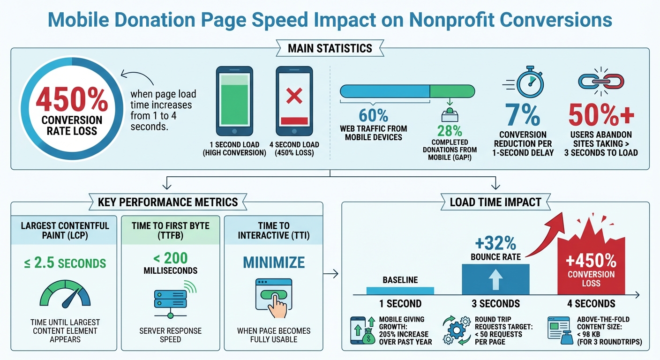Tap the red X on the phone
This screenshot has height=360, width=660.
coord(294,97)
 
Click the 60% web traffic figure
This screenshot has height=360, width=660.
coord(373,116)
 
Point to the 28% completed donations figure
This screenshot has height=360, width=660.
coord(449,131)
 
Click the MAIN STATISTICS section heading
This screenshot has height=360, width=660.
coord(330,48)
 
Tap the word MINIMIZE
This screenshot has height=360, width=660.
coord(273,262)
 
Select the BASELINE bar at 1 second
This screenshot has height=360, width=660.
coord(400,291)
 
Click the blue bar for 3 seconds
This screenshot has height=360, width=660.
coord(495,279)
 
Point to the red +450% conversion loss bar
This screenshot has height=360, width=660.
coord(591,272)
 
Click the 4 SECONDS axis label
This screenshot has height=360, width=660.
coord(591,303)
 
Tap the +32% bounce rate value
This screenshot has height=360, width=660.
coord(495,244)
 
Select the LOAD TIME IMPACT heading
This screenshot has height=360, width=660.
coord(495,202)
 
